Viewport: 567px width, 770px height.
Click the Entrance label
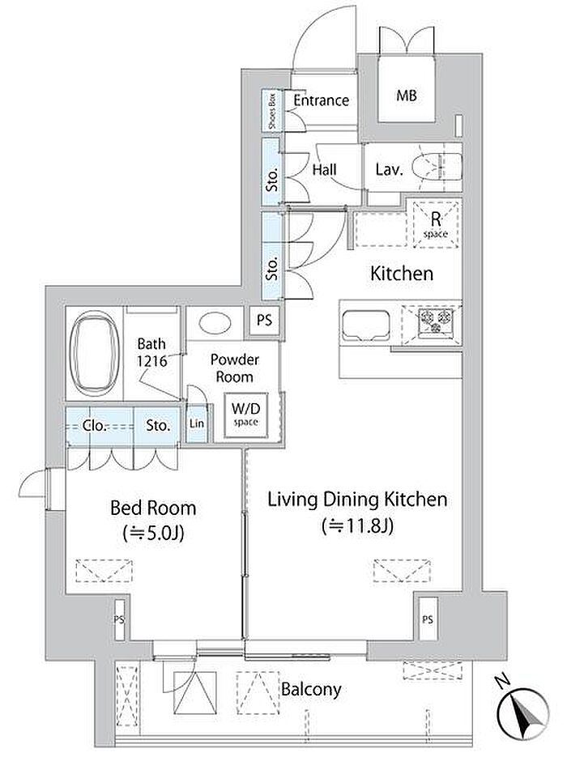pyautogui.click(x=322, y=100)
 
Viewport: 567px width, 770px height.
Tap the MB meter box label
pyautogui.click(x=407, y=96)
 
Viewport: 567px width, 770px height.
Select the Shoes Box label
pyautogui.click(x=272, y=110)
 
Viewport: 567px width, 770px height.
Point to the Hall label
pyautogui.click(x=324, y=170)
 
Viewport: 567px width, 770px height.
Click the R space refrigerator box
pyautogui.click(x=435, y=224)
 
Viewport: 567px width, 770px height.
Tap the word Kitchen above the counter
pyautogui.click(x=402, y=274)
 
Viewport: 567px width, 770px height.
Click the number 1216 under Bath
pyautogui.click(x=151, y=361)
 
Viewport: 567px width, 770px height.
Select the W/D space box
pyautogui.click(x=246, y=415)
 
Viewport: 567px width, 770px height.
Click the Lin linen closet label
pyautogui.click(x=197, y=423)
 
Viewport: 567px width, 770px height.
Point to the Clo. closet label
pyautogui.click(x=94, y=425)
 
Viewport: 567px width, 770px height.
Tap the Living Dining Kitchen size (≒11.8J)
pyautogui.click(x=357, y=526)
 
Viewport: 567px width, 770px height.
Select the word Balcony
pyautogui.click(x=311, y=690)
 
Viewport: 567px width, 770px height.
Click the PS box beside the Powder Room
pyautogui.click(x=264, y=321)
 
